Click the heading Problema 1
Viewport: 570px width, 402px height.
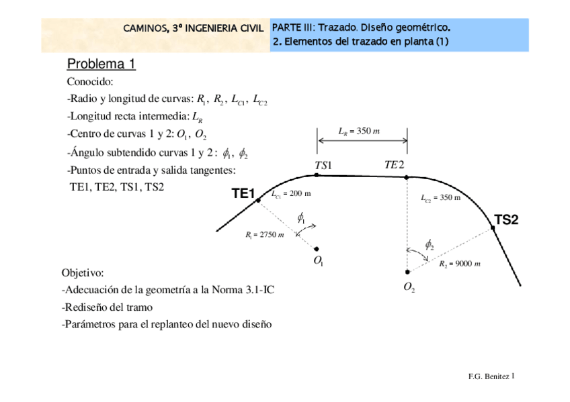pos(101,64)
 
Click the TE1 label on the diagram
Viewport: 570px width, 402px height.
pos(243,194)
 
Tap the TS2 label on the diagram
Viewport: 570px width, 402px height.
pos(506,219)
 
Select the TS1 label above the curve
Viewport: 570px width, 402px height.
pos(323,165)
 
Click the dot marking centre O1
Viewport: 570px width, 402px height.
pos(317,248)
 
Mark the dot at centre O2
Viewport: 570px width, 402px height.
pos(407,272)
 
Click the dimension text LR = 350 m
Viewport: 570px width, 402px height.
pos(360,131)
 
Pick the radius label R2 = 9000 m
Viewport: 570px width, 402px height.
pos(460,264)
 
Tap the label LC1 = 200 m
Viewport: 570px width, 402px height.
pos(290,194)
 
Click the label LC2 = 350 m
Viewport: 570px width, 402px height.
pos(440,198)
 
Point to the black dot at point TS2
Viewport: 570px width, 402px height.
pos(493,228)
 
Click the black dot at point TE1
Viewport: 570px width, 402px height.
pos(258,200)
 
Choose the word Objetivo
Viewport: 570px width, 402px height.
pos(83,273)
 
